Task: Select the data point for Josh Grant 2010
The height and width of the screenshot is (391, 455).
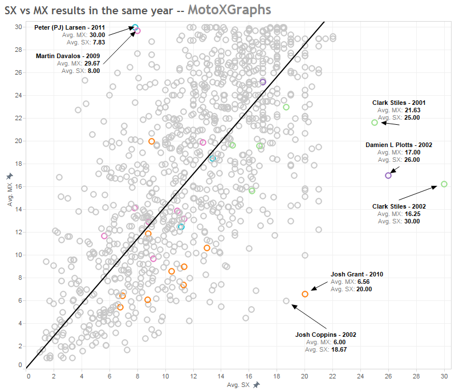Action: (305, 294)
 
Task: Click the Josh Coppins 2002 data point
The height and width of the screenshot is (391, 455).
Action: (286, 301)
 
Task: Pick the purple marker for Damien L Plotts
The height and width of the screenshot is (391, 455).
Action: (388, 176)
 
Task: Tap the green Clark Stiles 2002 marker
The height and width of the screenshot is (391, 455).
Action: (444, 184)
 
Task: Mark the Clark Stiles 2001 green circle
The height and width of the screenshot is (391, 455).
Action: (375, 123)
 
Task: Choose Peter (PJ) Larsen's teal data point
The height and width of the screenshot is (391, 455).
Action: (135, 27)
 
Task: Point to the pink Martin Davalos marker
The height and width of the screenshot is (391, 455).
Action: (137, 31)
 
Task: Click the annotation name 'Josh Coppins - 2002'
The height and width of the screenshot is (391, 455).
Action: (325, 335)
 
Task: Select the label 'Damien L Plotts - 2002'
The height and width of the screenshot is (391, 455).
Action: (399, 145)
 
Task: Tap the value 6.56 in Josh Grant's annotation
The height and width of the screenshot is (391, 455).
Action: (363, 282)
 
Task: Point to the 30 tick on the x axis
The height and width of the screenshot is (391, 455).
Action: (444, 376)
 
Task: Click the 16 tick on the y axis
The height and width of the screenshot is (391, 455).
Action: (19, 186)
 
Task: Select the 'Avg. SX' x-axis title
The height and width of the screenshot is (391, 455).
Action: (238, 385)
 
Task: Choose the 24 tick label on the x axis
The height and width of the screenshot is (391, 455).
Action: (361, 376)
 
